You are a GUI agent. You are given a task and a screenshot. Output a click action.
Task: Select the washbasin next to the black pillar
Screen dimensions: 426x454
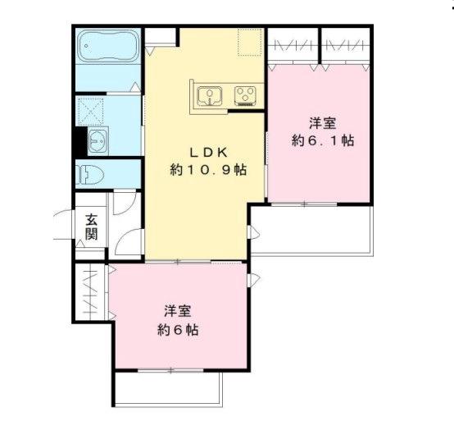click(x=98, y=141)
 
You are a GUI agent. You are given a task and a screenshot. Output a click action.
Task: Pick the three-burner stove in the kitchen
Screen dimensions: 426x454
click(x=244, y=96)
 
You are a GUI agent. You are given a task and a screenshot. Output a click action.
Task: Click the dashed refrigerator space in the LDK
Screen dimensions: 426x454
click(x=249, y=43)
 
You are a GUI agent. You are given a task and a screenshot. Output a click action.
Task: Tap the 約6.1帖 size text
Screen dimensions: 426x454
click(x=323, y=140)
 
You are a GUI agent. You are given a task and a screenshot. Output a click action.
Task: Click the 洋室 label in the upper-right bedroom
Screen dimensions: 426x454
click(x=322, y=123)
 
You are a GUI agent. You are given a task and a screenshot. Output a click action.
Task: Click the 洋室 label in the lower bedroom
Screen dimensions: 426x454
click(x=178, y=312)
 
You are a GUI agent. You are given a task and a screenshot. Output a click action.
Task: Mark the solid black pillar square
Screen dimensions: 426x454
click(x=79, y=141)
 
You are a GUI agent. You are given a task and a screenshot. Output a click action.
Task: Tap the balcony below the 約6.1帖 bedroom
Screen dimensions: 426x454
click(x=311, y=229)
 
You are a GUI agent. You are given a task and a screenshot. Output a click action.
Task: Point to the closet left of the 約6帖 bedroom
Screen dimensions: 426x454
click(x=91, y=291)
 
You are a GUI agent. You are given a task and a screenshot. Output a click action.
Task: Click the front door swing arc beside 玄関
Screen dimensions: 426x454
click(x=64, y=225)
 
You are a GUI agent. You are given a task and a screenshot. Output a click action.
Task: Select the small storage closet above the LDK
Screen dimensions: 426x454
click(x=162, y=36)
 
